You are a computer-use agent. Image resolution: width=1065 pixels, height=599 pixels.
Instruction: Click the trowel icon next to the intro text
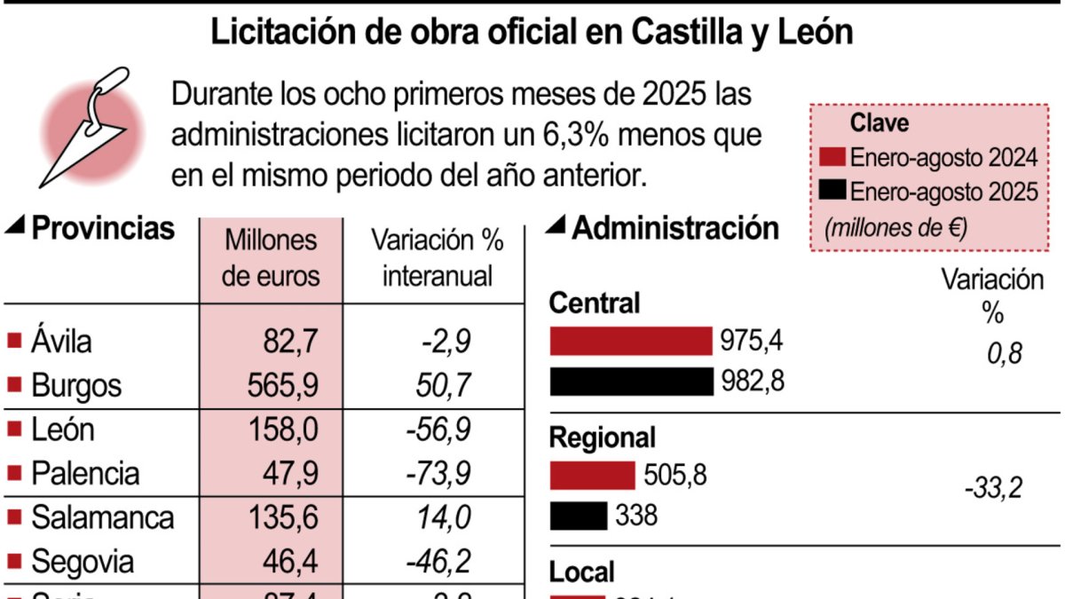(89, 124)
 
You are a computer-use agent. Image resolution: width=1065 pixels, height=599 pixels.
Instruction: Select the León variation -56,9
(438, 430)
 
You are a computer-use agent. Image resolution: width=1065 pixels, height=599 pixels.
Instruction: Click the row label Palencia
(85, 473)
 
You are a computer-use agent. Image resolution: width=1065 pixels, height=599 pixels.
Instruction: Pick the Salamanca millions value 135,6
(276, 517)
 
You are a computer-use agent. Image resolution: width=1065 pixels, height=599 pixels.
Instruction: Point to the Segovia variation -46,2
(438, 561)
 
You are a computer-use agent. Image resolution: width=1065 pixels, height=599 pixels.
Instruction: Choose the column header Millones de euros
(271, 257)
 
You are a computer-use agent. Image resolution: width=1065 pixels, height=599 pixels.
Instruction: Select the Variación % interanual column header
(438, 257)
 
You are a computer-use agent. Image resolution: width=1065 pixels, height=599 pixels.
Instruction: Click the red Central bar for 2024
(631, 341)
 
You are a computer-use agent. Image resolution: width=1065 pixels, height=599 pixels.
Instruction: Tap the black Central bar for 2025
(631, 382)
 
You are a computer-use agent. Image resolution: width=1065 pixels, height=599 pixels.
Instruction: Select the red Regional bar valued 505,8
(593, 476)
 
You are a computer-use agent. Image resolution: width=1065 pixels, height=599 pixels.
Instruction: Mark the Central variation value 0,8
(1004, 354)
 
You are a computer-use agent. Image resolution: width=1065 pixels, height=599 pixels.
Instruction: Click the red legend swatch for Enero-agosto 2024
(833, 158)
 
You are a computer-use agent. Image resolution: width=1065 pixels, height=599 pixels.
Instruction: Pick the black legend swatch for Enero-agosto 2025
(833, 191)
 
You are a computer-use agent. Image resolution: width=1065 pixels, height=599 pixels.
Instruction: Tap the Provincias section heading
(102, 229)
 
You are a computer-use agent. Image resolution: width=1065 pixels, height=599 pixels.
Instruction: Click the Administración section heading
(674, 228)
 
